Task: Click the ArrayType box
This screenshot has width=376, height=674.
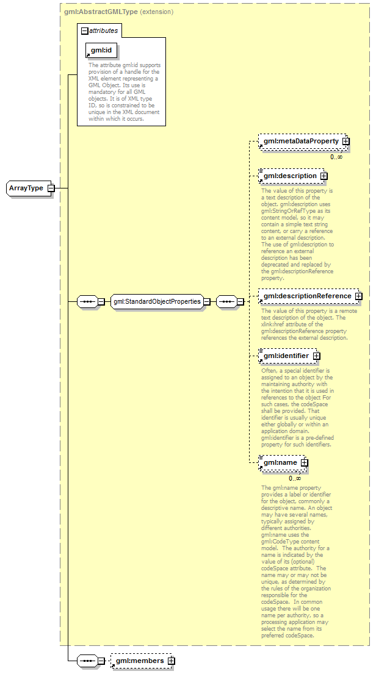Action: [x=26, y=188]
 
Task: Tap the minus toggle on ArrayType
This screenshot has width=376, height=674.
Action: [x=51, y=188]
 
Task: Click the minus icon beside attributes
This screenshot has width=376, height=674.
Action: [x=84, y=30]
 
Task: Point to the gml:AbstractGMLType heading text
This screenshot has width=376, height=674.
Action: [x=101, y=12]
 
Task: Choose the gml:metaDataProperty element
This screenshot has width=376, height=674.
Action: [x=300, y=141]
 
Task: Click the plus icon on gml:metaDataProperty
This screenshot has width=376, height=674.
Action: [x=345, y=141]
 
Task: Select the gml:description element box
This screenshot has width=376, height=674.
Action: [x=290, y=176]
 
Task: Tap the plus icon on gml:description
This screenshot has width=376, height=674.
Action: [x=324, y=176]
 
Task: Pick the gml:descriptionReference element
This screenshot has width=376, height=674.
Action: [x=307, y=296]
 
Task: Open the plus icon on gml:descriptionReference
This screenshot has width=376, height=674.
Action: [x=358, y=296]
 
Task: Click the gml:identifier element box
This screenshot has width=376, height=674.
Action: [x=286, y=356]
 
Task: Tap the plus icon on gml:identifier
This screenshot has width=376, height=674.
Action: [x=316, y=356]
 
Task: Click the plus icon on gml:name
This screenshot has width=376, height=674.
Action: [x=304, y=462]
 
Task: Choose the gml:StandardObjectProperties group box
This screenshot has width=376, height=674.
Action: [x=157, y=301]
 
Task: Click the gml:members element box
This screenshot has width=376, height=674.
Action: [x=139, y=661]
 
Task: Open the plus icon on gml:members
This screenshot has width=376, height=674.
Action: [x=172, y=661]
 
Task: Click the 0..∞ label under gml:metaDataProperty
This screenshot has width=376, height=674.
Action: [x=336, y=157]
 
